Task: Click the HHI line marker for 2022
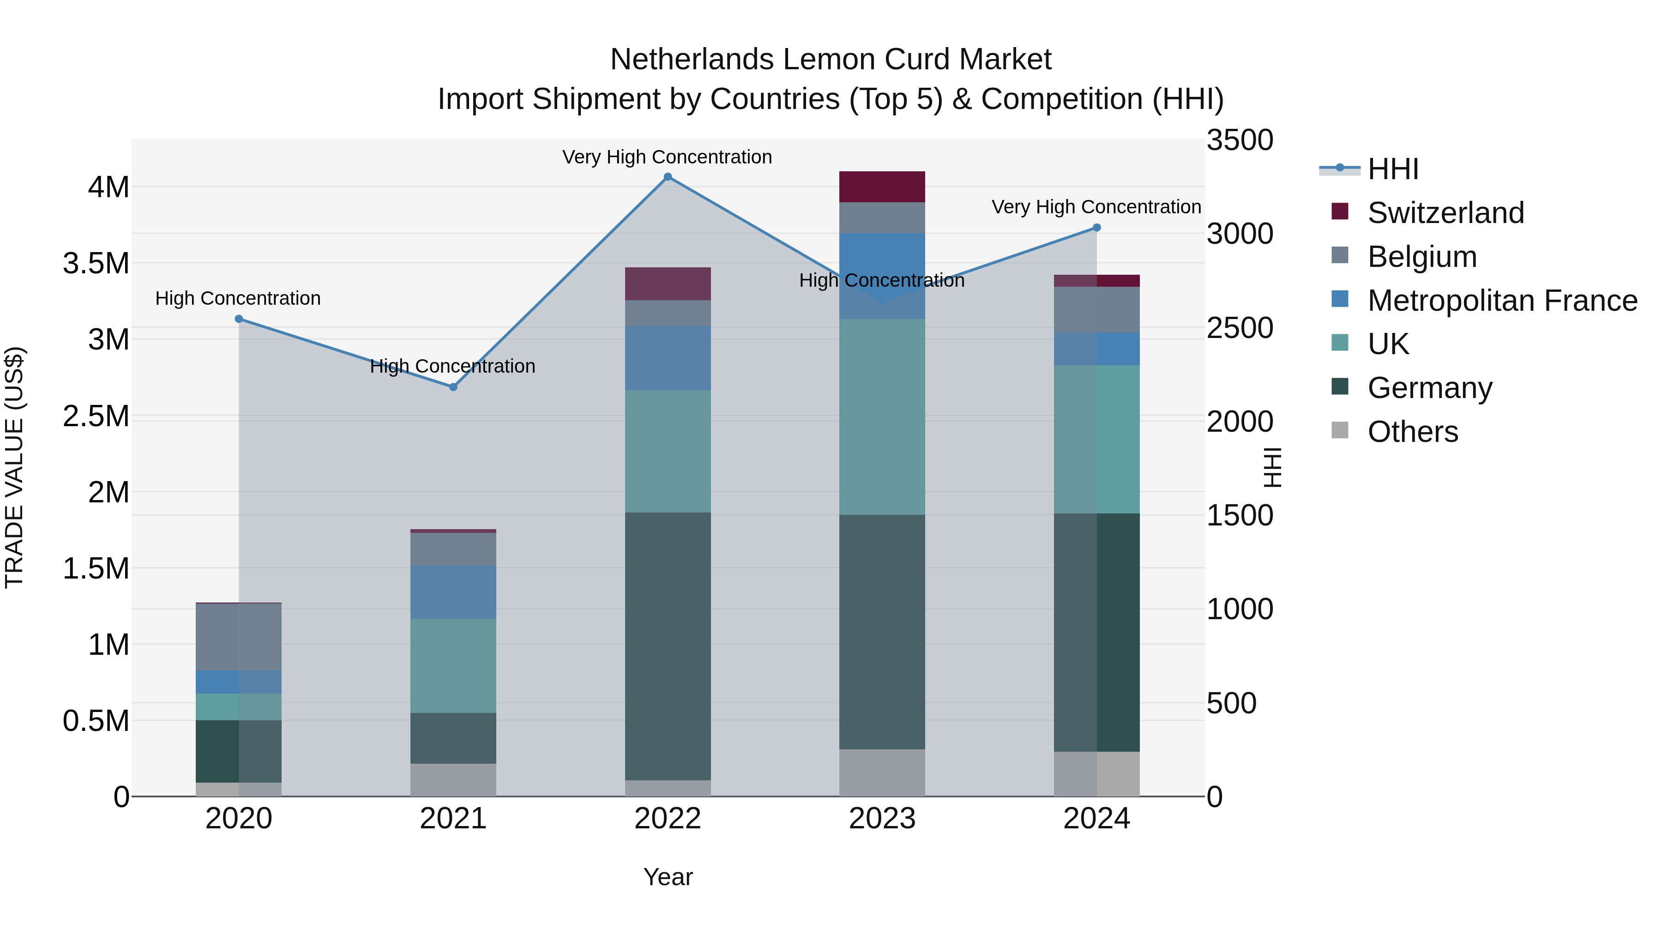(x=668, y=177)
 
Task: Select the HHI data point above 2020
(x=239, y=319)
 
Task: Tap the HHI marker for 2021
(x=453, y=387)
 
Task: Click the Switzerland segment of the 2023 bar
(x=882, y=187)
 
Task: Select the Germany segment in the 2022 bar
(x=668, y=645)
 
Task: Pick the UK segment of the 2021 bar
(x=453, y=665)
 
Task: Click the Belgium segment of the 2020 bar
(x=239, y=637)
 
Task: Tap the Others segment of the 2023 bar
(x=882, y=772)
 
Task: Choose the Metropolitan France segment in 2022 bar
(x=668, y=358)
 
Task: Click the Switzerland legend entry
(x=1445, y=213)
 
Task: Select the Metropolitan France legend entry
(x=1502, y=301)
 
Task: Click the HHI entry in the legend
(x=1392, y=169)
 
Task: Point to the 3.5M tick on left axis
(x=96, y=263)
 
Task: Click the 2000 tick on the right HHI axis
(x=1240, y=422)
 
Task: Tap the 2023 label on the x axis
(x=882, y=819)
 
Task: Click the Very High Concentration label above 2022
(x=667, y=157)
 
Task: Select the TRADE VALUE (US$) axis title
(x=14, y=467)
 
